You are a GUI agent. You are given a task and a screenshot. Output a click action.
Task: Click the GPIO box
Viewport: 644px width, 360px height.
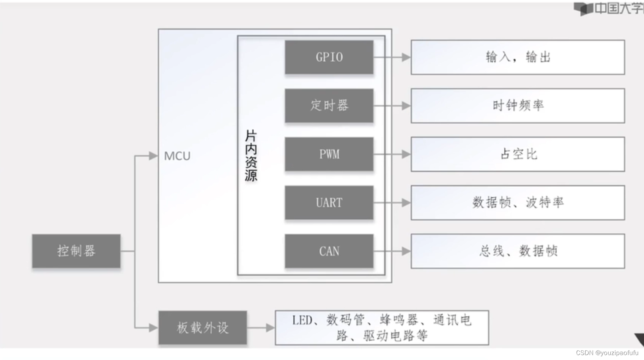point(329,57)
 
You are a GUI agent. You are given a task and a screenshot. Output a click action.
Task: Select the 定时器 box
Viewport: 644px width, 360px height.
point(329,105)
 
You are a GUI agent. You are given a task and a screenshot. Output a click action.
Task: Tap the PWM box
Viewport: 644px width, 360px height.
point(329,154)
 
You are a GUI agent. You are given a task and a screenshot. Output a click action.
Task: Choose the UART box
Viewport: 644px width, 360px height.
point(329,203)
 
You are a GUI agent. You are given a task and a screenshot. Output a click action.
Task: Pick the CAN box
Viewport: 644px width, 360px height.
point(329,251)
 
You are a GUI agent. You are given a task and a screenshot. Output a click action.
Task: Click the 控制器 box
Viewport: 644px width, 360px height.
point(76,251)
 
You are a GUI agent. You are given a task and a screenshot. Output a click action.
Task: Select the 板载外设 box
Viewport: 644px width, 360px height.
point(203,328)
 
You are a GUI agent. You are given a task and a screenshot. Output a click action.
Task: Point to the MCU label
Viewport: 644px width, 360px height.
point(177,156)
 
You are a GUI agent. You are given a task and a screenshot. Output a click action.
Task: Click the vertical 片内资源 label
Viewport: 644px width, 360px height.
point(251,156)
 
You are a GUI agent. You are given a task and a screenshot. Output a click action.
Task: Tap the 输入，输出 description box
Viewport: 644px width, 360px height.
point(518,57)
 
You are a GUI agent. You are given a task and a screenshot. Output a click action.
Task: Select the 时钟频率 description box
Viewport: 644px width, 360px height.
point(518,105)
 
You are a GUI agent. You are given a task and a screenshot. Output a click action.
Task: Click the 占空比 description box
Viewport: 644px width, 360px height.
point(518,154)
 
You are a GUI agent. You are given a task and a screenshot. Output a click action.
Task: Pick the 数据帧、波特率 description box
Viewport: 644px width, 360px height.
point(518,203)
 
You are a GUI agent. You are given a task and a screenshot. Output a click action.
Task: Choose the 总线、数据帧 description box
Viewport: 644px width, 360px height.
point(518,251)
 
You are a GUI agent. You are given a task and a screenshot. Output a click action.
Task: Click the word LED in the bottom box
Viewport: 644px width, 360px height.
point(302,321)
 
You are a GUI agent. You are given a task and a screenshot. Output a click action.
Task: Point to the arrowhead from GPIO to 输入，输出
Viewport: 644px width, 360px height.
point(406,57)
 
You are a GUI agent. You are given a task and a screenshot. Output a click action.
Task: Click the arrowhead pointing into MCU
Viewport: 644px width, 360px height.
point(153,156)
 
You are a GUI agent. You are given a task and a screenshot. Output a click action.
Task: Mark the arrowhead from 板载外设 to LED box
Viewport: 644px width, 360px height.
point(270,328)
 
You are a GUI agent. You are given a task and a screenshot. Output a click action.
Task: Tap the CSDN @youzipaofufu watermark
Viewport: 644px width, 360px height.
point(607,353)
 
